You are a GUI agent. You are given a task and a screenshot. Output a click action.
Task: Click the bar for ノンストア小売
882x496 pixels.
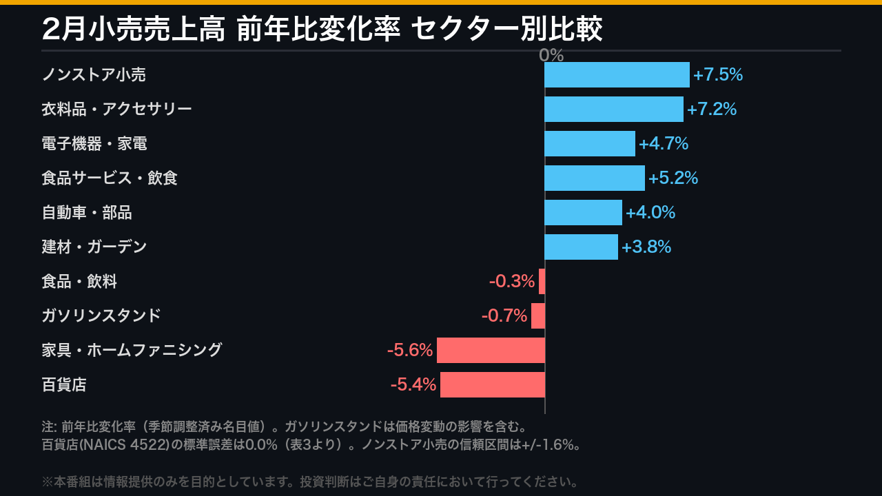click(617, 74)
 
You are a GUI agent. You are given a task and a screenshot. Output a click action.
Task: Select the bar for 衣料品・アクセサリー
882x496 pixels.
click(614, 109)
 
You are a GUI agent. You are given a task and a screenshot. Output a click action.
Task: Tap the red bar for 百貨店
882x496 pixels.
click(493, 384)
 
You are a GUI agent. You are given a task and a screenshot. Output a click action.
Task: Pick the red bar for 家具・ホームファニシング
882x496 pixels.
click(491, 350)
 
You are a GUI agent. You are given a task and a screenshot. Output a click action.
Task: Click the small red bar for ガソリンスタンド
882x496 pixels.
click(538, 316)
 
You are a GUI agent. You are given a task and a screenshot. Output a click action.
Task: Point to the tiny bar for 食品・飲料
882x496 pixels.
click(542, 281)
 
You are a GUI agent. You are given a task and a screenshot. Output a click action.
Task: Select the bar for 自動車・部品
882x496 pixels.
click(583, 212)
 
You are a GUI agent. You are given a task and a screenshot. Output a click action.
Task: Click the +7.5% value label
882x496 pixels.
click(718, 74)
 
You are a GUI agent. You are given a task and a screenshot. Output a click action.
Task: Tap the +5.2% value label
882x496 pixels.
click(673, 178)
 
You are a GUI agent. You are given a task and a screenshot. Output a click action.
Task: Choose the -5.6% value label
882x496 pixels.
click(410, 350)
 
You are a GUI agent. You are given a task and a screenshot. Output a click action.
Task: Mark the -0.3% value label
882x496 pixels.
click(512, 281)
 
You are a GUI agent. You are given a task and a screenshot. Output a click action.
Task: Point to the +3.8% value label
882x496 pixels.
click(646, 247)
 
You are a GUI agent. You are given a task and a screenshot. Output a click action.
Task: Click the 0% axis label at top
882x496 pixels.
click(551, 56)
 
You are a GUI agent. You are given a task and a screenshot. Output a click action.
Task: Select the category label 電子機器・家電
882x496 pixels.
click(94, 143)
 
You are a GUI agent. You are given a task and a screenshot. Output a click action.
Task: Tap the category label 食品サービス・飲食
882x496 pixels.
click(110, 178)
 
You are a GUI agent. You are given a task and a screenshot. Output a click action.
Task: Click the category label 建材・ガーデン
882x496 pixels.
click(94, 247)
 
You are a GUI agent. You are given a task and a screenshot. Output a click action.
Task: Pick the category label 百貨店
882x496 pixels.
click(64, 384)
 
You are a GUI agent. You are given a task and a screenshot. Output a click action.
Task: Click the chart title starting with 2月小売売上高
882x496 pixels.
click(322, 29)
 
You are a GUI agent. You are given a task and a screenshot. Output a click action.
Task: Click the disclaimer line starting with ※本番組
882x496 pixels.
click(310, 482)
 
